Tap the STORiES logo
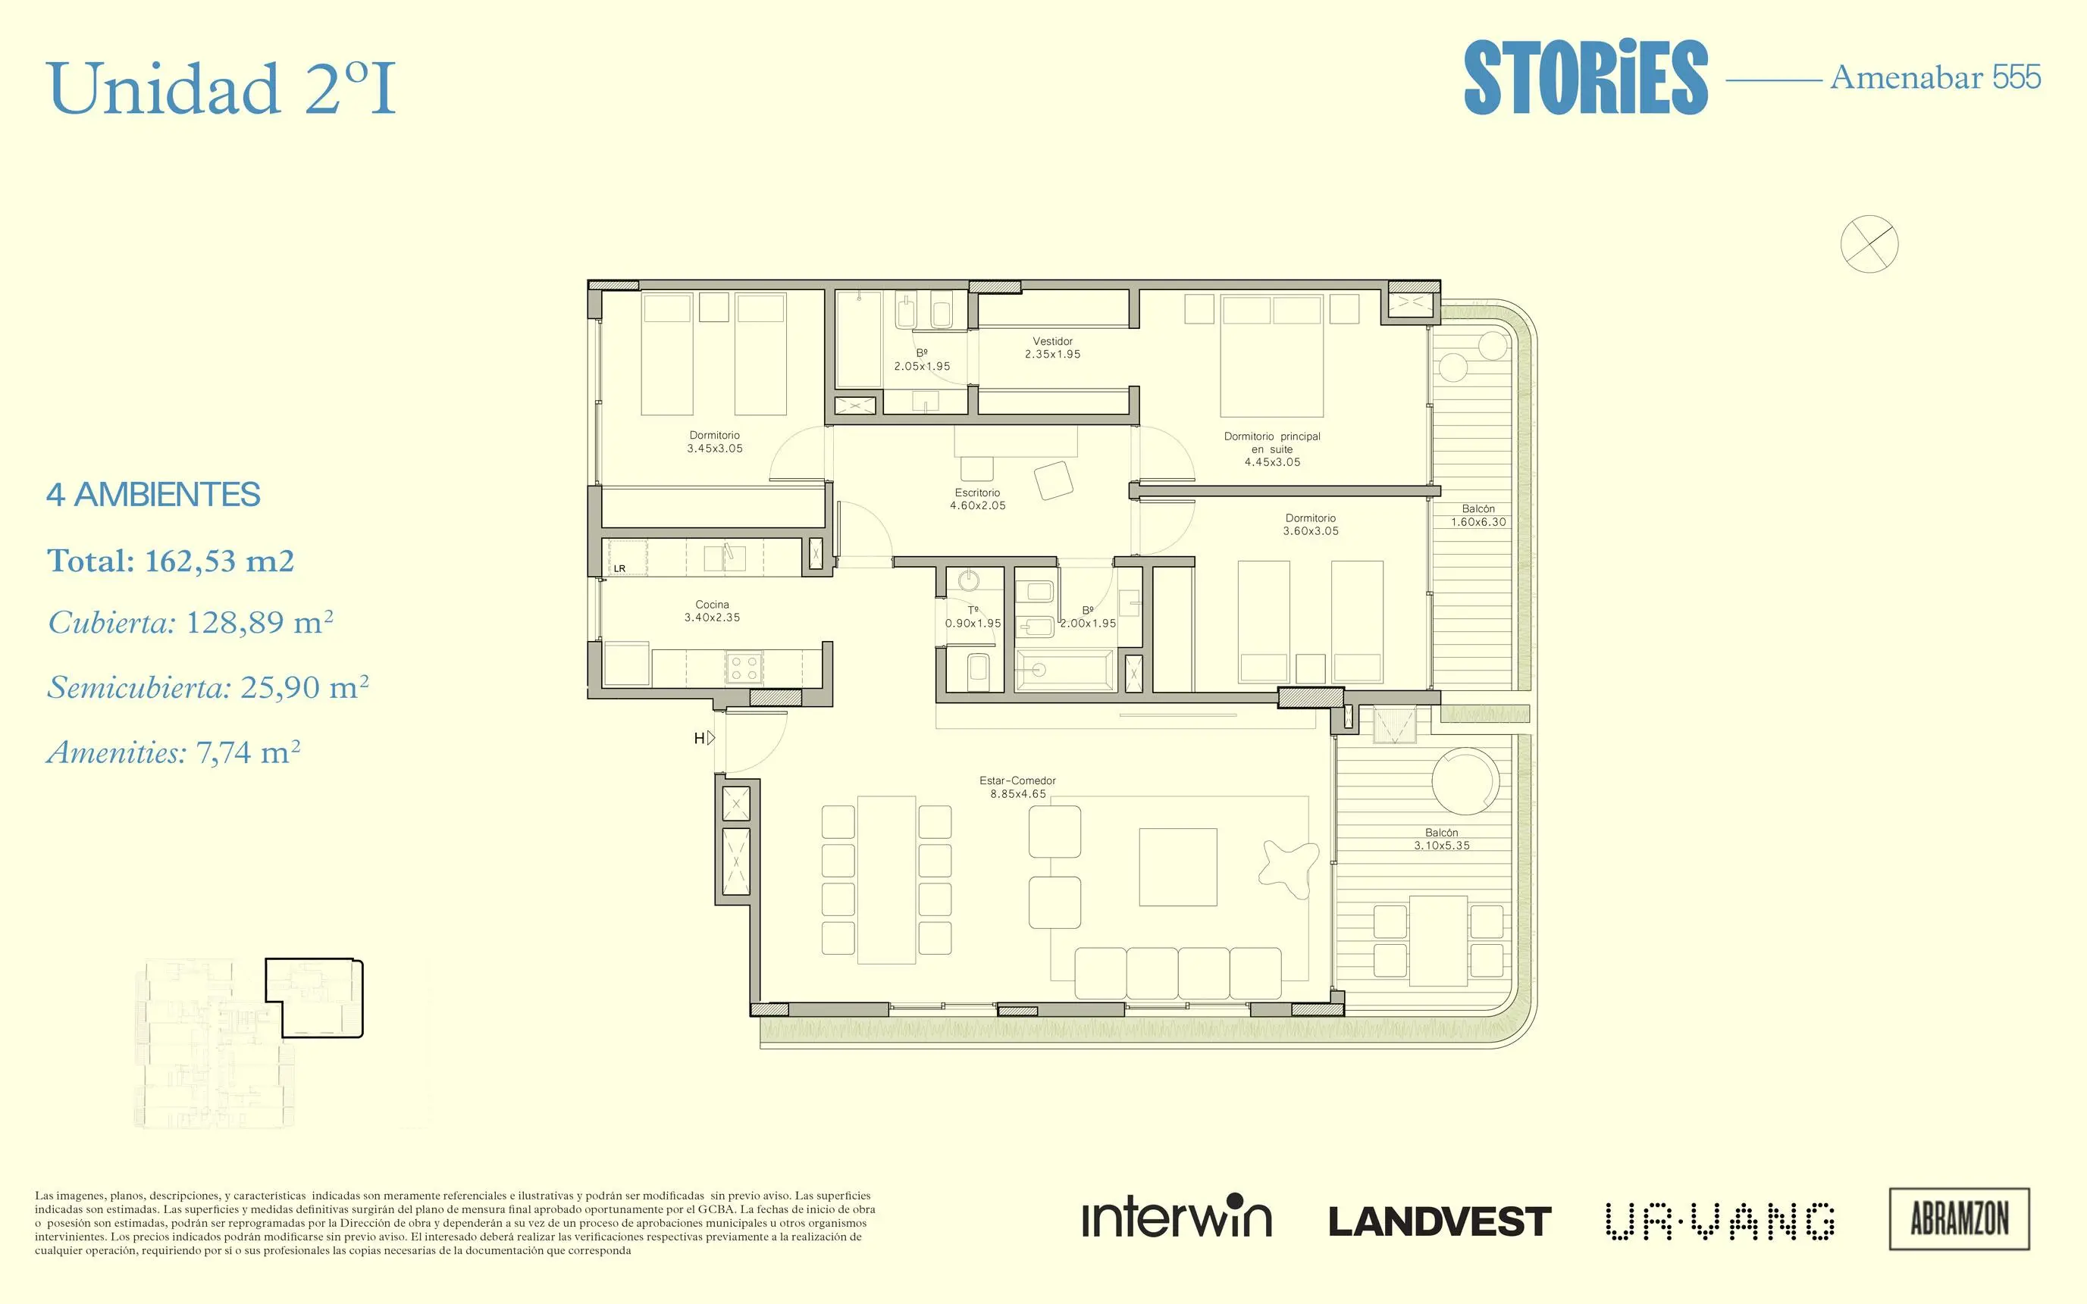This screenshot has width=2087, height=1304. pyautogui.click(x=1586, y=77)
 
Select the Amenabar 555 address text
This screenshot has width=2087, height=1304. pyautogui.click(x=1935, y=77)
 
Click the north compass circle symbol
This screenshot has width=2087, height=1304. pyautogui.click(x=1869, y=244)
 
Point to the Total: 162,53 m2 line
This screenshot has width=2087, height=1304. pyautogui.click(x=171, y=561)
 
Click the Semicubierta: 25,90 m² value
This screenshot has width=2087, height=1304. pyautogui.click(x=208, y=687)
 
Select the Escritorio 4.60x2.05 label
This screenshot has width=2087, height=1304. pyautogui.click(x=977, y=499)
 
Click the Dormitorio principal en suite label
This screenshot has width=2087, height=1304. pyautogui.click(x=1273, y=449)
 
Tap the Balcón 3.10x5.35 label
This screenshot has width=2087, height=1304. pyautogui.click(x=1442, y=839)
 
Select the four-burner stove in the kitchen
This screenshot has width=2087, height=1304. pyautogui.click(x=744, y=668)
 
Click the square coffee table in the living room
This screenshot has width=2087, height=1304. pyautogui.click(x=1177, y=868)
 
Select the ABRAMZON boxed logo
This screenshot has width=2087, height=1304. pyautogui.click(x=1960, y=1218)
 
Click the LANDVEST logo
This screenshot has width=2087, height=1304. pyautogui.click(x=1439, y=1221)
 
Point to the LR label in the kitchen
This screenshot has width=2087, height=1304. pyautogui.click(x=619, y=569)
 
